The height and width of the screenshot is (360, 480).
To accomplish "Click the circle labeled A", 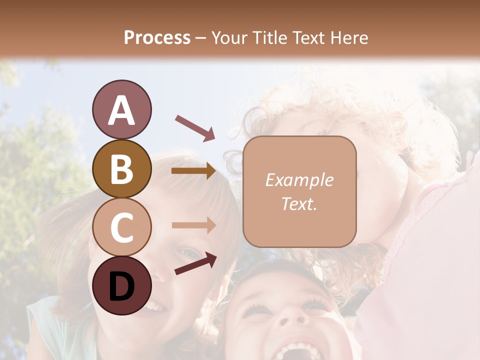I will tap(121, 110).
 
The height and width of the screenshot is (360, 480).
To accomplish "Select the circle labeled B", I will tap(121, 169).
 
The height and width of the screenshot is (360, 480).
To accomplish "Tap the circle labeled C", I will tap(121, 227).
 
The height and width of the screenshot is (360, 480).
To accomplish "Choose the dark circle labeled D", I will tap(121, 285).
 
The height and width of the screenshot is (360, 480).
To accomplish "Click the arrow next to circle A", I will tap(195, 127).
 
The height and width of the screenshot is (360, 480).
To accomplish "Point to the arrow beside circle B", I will tap(194, 171).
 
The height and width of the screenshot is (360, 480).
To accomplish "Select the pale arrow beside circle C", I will tap(194, 225).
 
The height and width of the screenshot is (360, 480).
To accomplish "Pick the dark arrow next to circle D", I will tap(195, 263).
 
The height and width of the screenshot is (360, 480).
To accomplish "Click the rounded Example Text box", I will tap(299, 192).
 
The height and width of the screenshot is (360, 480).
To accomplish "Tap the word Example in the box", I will tap(299, 180).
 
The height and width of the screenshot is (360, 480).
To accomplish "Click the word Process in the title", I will tap(157, 37).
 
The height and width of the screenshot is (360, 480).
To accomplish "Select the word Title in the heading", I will tap(270, 37).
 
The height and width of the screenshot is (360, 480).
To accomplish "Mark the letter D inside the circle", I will tap(121, 286).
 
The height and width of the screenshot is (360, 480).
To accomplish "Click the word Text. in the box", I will tap(299, 204).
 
